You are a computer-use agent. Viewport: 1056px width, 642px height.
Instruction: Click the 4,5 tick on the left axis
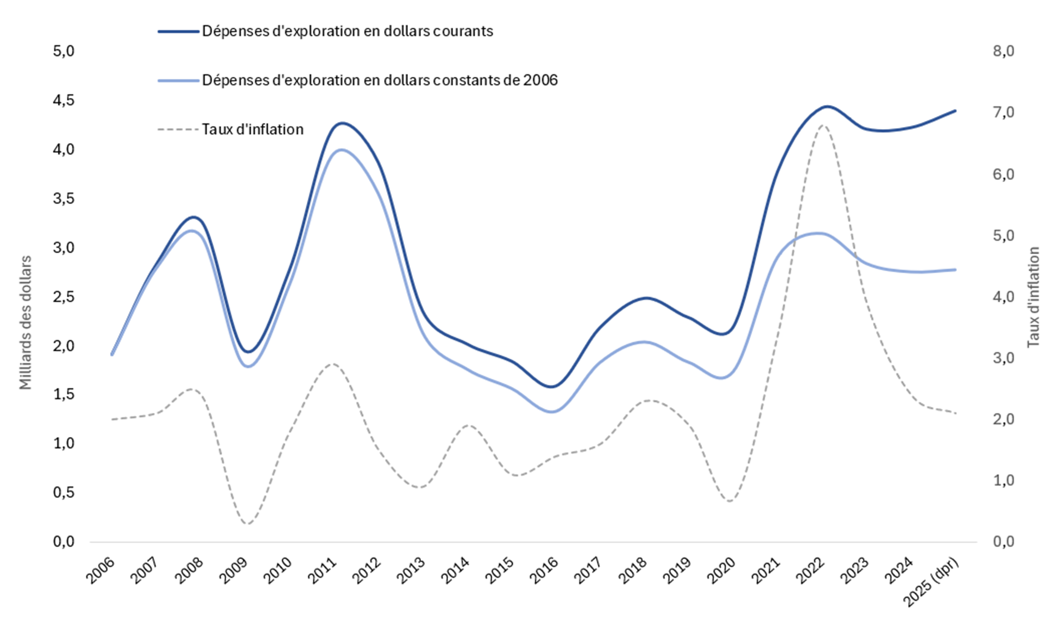pyautogui.click(x=63, y=101)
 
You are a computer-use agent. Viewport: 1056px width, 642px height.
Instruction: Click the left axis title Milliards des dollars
pyautogui.click(x=26, y=323)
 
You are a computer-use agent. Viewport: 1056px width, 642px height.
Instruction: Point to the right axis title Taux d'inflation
pyautogui.click(x=1034, y=297)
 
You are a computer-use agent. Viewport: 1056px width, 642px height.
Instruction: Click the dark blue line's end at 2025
pyautogui.click(x=956, y=111)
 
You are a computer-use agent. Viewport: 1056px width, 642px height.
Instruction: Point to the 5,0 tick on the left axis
pyautogui.click(x=63, y=51)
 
